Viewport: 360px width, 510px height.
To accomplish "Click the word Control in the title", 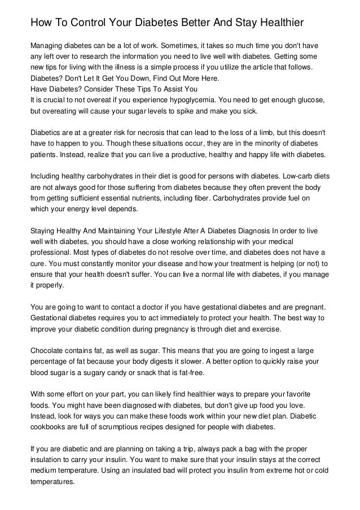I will coord(90,23).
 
